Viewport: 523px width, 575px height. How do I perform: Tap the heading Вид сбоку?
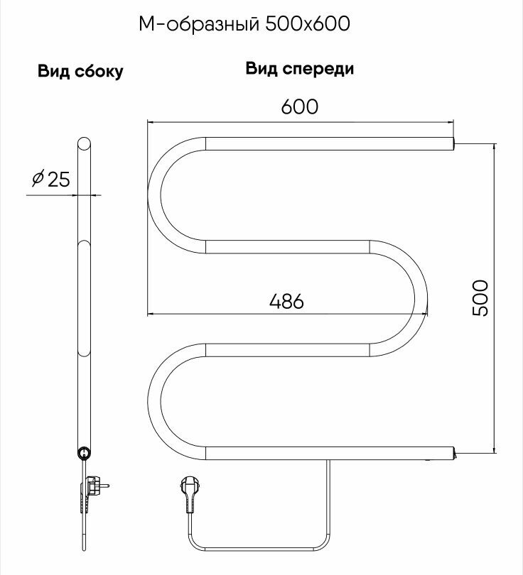(80, 72)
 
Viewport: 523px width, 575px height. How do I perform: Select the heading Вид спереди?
(300, 70)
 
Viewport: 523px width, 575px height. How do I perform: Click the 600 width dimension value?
(299, 107)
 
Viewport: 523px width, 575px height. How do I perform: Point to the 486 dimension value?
(286, 301)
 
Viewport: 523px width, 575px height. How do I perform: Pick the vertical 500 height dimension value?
(480, 297)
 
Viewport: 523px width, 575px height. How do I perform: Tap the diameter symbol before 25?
(38, 179)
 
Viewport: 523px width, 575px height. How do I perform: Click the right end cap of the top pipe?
(451, 143)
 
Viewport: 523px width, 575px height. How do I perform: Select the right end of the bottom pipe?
(451, 452)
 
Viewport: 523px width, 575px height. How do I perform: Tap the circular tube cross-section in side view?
(84, 452)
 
